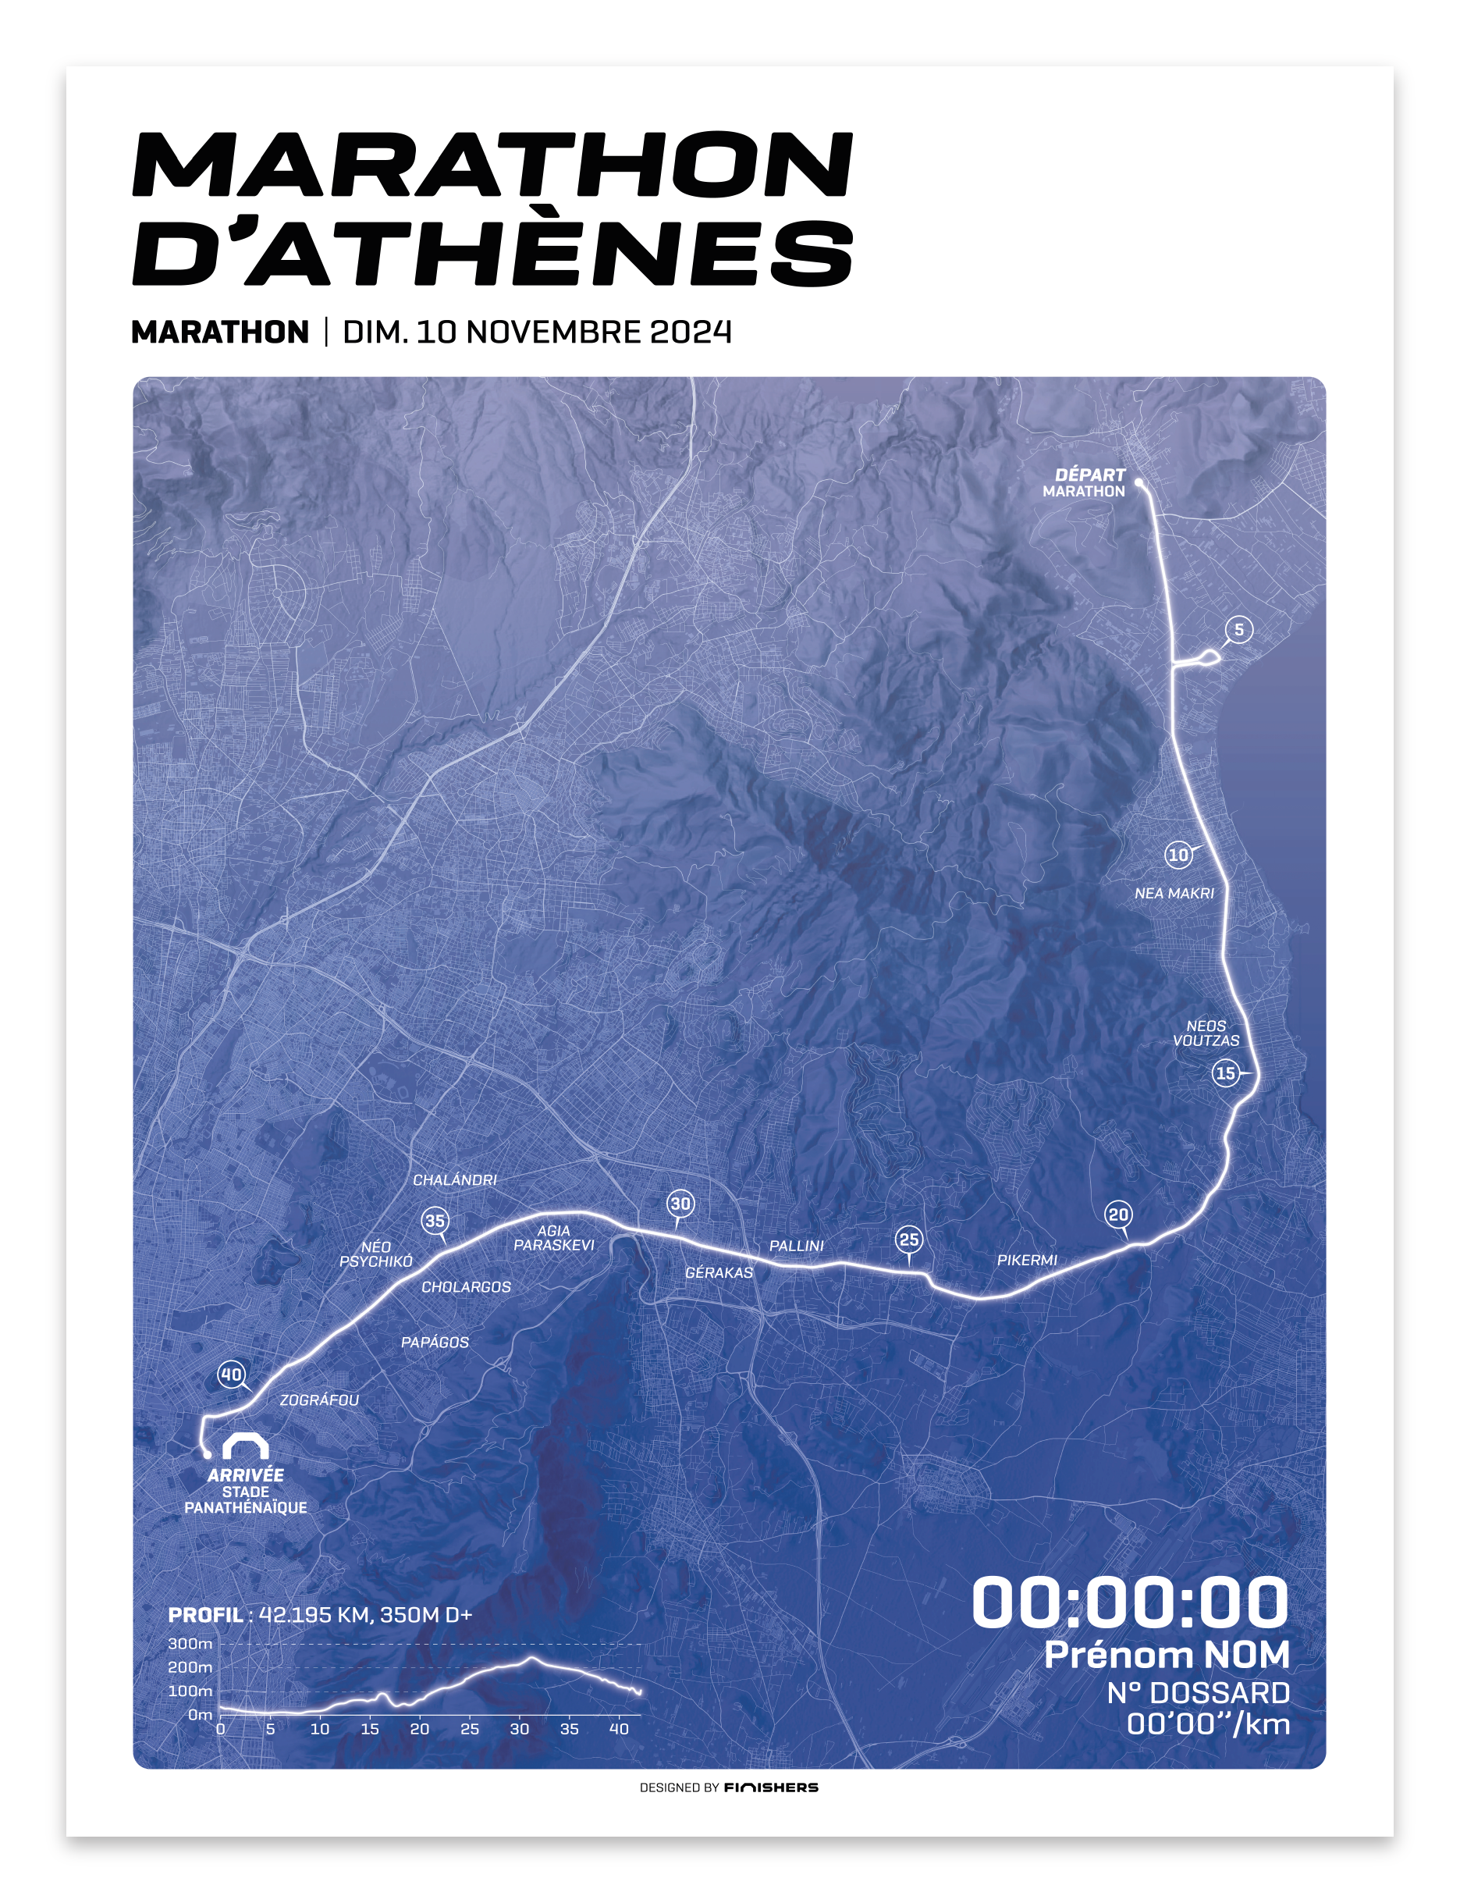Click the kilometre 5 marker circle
point(1238,629)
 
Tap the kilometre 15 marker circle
point(1225,1072)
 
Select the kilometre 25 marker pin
point(909,1240)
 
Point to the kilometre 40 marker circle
point(231,1375)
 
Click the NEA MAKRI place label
point(1174,893)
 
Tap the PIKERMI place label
point(1027,1260)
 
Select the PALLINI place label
point(796,1246)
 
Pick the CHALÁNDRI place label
point(454,1179)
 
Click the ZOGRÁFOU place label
point(319,1400)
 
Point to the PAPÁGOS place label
point(435,1343)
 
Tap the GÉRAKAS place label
point(719,1272)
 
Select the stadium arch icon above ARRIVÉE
point(245,1446)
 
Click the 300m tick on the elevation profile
point(190,1644)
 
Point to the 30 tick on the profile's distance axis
point(520,1728)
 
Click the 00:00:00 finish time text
point(1130,1602)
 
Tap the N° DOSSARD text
point(1198,1692)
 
